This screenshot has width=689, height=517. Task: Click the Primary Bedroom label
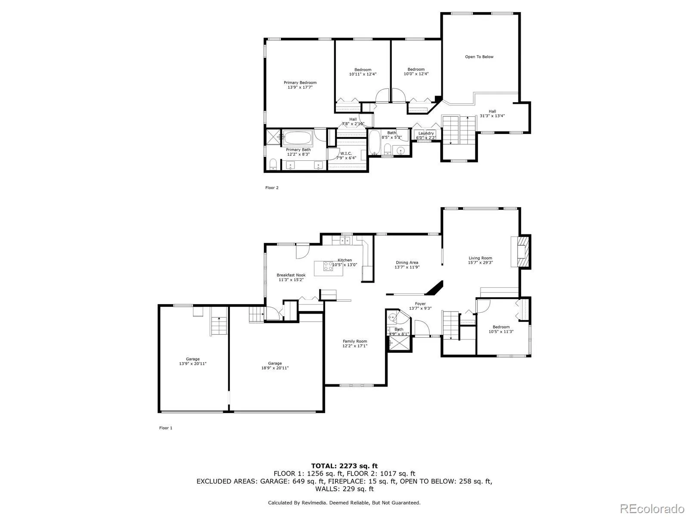pos(300,83)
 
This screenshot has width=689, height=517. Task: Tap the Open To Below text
pos(479,57)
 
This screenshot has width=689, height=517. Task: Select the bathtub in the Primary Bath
pos(297,138)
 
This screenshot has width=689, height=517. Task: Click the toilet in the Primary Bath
pos(273,165)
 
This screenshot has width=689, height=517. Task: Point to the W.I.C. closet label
pos(346,153)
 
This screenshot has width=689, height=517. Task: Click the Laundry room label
pos(426,134)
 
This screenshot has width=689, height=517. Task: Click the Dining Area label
pos(407,262)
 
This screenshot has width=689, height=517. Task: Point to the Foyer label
pos(420,304)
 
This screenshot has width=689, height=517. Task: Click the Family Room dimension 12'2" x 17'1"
pos(355,346)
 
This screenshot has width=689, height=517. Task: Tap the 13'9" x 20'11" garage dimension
pos(192,364)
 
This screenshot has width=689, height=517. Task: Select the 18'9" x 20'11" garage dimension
pos(275,368)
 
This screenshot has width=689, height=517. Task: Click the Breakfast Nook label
pos(291,275)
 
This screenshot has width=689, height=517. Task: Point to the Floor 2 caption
pos(272,188)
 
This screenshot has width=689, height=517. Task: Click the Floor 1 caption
pos(165,428)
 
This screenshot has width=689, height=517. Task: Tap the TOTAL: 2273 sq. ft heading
pos(344,466)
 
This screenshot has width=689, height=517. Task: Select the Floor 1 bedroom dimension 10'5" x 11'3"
pos(501,331)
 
